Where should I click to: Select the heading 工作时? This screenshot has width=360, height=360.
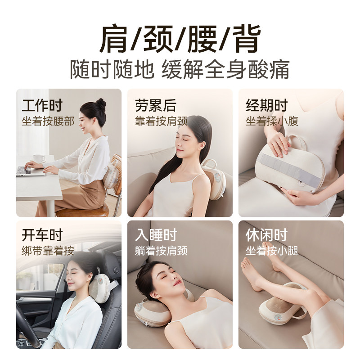pos(42,106)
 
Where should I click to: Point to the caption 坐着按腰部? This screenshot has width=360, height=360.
pos(48,121)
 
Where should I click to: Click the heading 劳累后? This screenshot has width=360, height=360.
pos(155,106)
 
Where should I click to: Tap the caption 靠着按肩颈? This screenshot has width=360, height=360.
pos(161,121)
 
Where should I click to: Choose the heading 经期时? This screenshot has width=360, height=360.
pos(266,106)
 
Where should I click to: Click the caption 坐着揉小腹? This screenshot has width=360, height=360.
pos(272,121)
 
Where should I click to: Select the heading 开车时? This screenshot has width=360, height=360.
pos(42,235)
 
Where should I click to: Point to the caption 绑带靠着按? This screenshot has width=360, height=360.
pos(48,251)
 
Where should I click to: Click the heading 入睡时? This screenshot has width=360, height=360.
pos(155,235)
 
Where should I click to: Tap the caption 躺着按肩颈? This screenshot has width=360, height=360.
pos(161,251)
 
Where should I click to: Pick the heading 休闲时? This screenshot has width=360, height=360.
pos(266,235)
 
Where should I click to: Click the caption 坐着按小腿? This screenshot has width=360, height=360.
pos(272,251)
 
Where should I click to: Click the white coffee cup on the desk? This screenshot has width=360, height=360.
pos(39,159)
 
